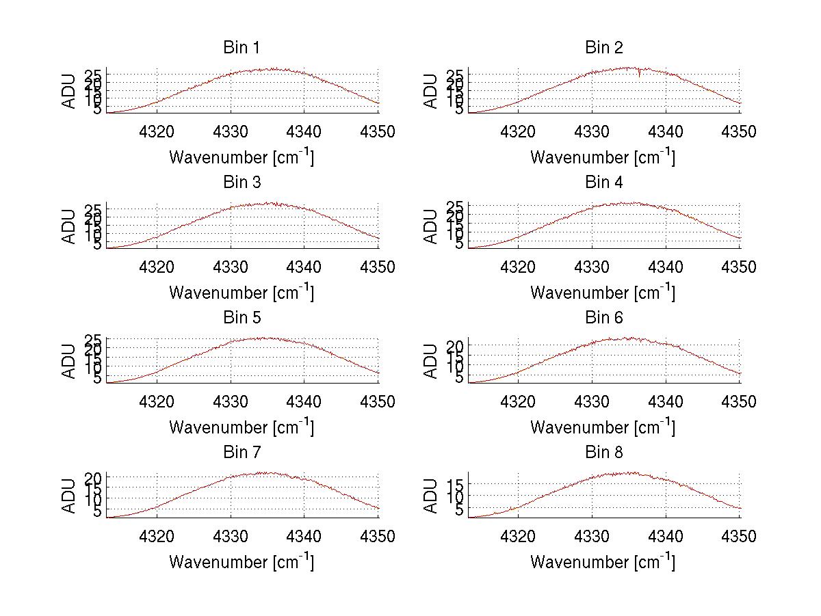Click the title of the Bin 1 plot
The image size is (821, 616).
point(242,48)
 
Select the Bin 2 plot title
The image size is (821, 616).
point(603,48)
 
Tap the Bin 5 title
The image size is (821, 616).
point(242,318)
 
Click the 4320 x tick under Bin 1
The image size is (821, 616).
point(157,132)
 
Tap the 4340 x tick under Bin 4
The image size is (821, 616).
point(666,267)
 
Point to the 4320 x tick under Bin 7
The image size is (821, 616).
point(157,537)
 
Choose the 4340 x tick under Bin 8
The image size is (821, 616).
point(666,537)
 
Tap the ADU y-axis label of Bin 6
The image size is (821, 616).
point(430,361)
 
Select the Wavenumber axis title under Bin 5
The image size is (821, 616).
point(242,427)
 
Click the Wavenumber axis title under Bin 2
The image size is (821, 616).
point(603,157)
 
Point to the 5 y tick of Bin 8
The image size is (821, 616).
point(460,510)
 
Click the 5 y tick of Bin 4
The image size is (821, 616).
point(460,243)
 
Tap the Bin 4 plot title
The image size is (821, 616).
point(603,183)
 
